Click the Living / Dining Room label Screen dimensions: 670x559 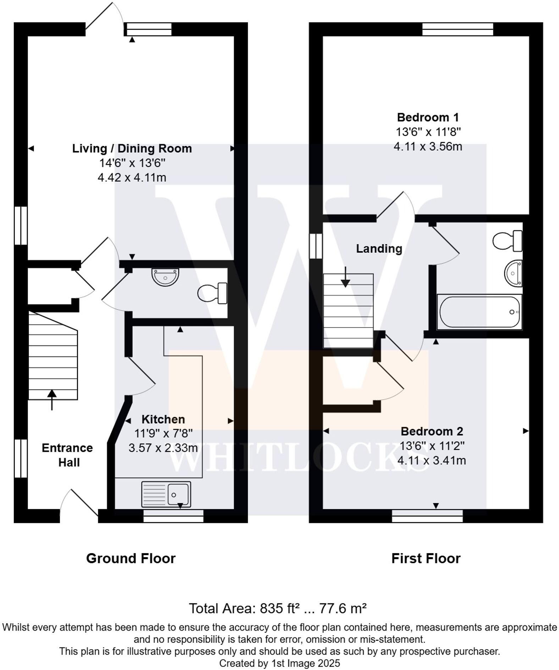pyautogui.click(x=132, y=148)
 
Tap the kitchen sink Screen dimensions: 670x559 pyautogui.click(x=166, y=494)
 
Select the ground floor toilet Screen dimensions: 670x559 pyautogui.click(x=212, y=293)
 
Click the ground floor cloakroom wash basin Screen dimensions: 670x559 pyautogui.click(x=165, y=276)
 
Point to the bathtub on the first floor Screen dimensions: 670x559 pyautogui.click(x=480, y=312)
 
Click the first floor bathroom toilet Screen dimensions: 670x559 pyautogui.click(x=508, y=241)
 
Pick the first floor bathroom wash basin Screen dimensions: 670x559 pyautogui.click(x=513, y=273)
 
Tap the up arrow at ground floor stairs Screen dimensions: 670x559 pyautogui.click(x=52, y=399)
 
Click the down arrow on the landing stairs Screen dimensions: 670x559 pyautogui.click(x=345, y=277)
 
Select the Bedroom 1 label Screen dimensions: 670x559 pyautogui.click(x=428, y=117)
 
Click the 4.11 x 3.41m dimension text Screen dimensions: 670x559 pyautogui.click(x=432, y=461)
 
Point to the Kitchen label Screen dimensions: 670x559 pyautogui.click(x=163, y=419)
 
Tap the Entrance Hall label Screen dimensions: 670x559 pyautogui.click(x=67, y=455)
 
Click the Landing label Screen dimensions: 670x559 pyautogui.click(x=379, y=249)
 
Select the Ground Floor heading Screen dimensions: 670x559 pyautogui.click(x=131, y=559)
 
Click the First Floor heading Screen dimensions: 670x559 pyautogui.click(x=426, y=559)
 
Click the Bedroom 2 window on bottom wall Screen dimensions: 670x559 pyautogui.click(x=427, y=516)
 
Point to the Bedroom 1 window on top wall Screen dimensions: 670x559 pyautogui.click(x=458, y=29)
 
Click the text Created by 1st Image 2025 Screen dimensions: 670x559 pyautogui.click(x=279, y=663)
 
